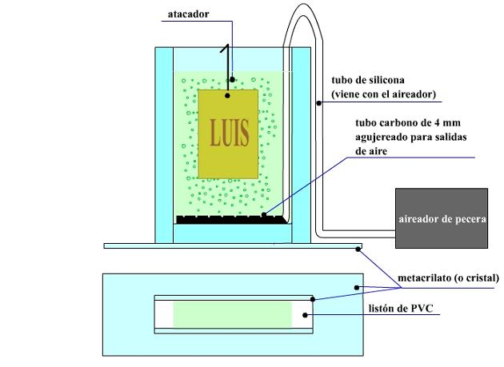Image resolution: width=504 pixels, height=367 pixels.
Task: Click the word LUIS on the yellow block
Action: pyautogui.click(x=228, y=130)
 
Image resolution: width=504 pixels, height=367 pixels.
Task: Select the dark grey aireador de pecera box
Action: pyautogui.click(x=442, y=218)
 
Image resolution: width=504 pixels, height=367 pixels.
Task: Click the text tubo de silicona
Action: pyautogui.click(x=368, y=80)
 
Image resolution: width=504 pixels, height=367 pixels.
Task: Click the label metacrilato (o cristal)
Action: pyautogui.click(x=448, y=278)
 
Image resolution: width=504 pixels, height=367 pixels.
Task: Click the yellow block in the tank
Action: pyautogui.click(x=228, y=160)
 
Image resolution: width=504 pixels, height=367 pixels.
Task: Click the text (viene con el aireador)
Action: pyautogui.click(x=382, y=94)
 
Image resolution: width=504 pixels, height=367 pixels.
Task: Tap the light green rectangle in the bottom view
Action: pyautogui.click(x=233, y=314)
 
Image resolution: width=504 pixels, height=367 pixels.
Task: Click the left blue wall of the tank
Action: pyautogui.click(x=163, y=144)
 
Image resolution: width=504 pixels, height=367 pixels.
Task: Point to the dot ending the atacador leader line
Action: pyautogui.click(x=232, y=79)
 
